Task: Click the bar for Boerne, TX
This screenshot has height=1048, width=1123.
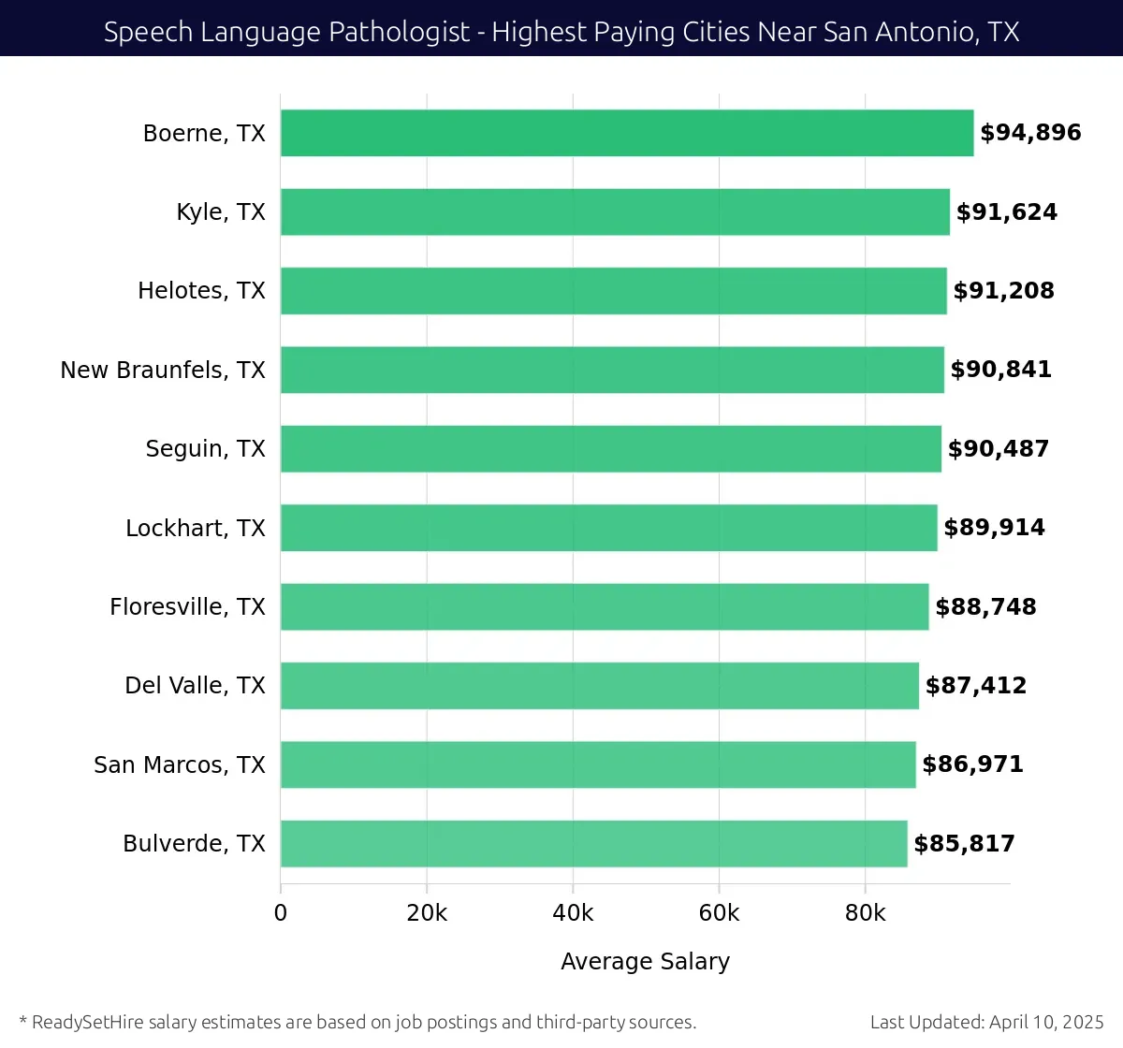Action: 627,133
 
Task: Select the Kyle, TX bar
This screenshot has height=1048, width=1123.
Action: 615,211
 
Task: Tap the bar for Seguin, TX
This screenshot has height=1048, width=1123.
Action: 611,448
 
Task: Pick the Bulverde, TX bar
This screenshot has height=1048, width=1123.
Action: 593,843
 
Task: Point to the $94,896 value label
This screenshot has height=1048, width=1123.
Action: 1030,133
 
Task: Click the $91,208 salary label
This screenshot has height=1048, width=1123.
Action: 1003,290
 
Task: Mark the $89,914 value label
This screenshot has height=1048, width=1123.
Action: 994,528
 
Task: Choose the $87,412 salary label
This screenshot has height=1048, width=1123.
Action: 975,685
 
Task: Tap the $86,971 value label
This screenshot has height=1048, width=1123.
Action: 972,764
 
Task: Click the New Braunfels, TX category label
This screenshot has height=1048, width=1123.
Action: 163,370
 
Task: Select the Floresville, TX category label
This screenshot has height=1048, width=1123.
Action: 187,606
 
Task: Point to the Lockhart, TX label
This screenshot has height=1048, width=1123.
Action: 196,528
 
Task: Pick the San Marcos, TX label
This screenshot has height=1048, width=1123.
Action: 180,764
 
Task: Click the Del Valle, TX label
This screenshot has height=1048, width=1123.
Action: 195,685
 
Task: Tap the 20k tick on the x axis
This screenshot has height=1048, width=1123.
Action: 427,913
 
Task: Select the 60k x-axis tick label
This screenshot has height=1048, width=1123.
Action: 719,913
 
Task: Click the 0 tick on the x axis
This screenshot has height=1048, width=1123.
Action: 281,913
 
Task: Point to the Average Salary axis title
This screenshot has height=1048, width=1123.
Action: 645,961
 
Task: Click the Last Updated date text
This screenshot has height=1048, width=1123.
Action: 986,1022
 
